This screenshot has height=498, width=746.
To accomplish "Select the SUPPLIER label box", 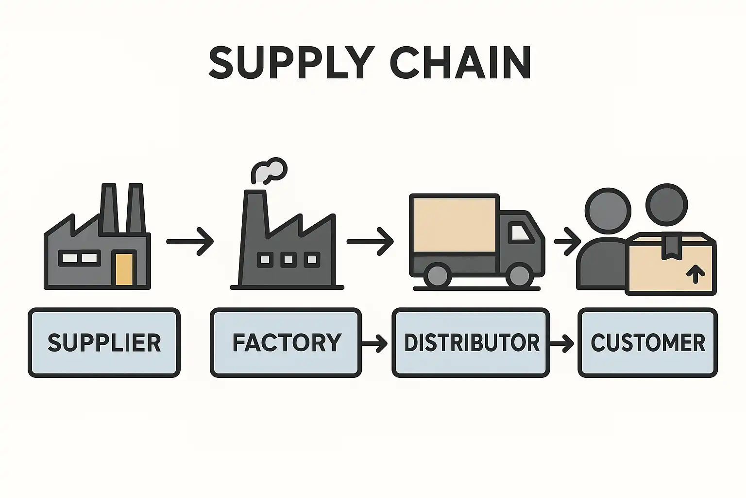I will tap(104, 342).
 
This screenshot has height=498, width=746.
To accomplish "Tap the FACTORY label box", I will tap(286, 342).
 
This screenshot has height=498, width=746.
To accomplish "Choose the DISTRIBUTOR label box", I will tap(471, 342).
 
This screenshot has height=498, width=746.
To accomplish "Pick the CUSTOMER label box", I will tap(647, 342).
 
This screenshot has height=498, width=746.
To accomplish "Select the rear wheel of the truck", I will tap(437, 275).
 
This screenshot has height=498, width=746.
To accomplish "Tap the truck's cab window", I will tap(519, 232).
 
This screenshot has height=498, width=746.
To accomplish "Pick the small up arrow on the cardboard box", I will tap(696, 274).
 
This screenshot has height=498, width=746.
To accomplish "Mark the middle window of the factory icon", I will tap(288, 260).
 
